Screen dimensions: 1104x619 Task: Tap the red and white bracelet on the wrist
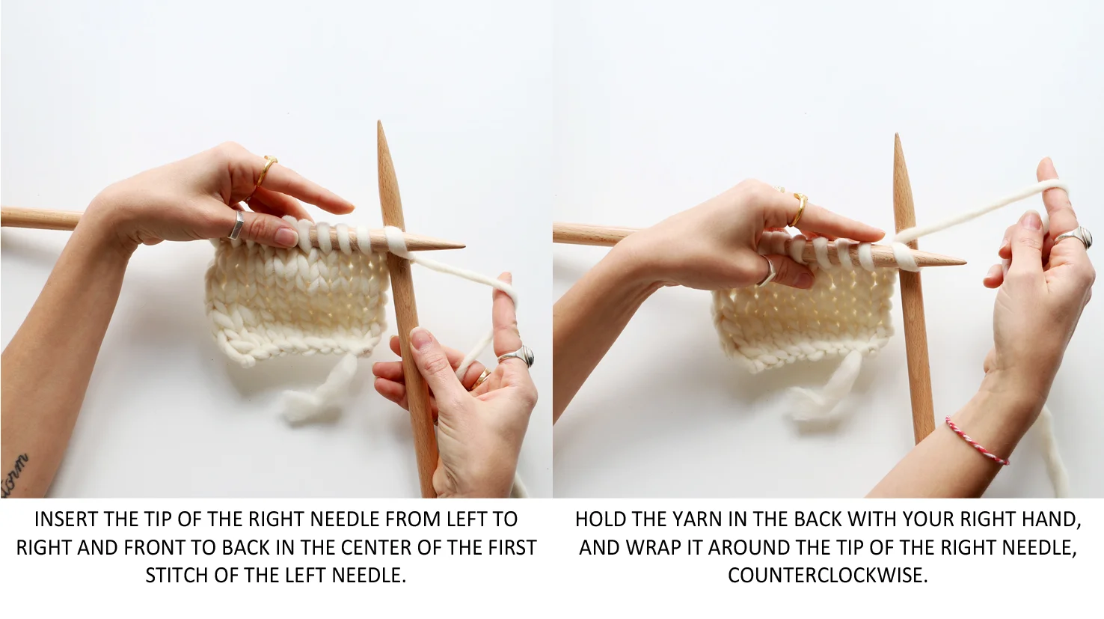pyautogui.click(x=977, y=440)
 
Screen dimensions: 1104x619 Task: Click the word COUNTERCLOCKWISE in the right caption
pyautogui.click(x=827, y=576)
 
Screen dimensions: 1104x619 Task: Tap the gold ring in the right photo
pyautogui.click(x=798, y=209)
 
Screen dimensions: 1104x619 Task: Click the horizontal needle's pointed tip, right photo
pyautogui.click(x=965, y=262)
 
